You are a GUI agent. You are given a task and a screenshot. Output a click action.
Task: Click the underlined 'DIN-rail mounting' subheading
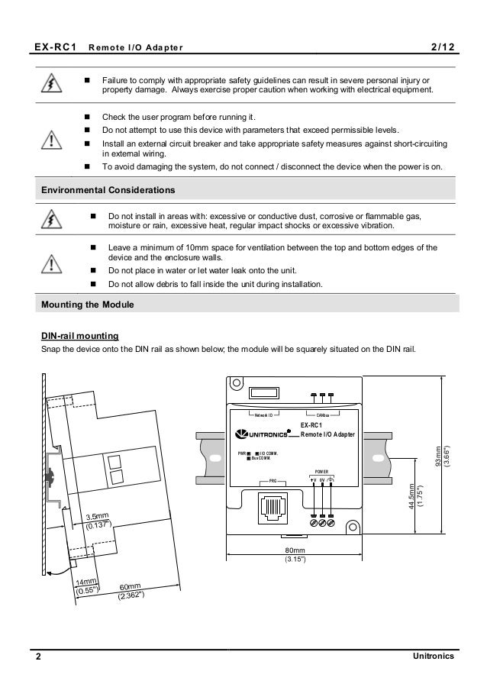(x=79, y=336)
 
